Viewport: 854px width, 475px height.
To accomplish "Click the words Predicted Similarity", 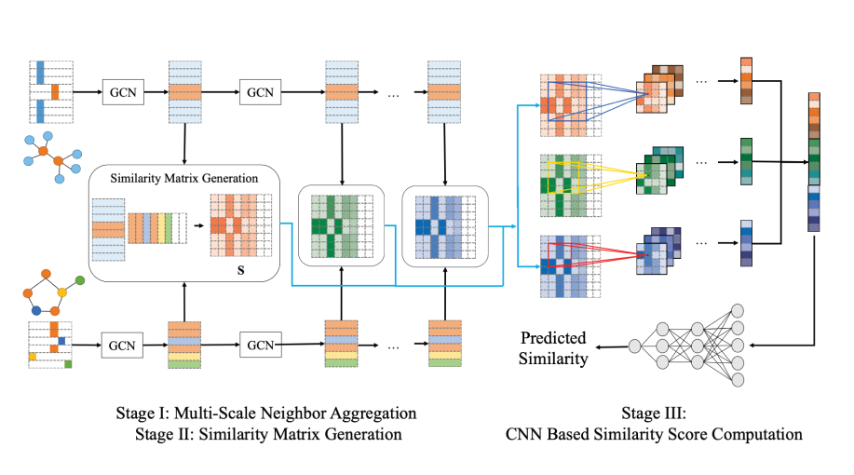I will pyautogui.click(x=554, y=346).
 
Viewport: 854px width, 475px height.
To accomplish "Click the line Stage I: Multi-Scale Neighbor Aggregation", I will pyautogui.click(x=275, y=412).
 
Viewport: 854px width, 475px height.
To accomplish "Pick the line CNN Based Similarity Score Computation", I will pyautogui.click(x=654, y=433).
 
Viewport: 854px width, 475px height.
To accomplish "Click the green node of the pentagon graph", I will pyautogui.click(x=80, y=278).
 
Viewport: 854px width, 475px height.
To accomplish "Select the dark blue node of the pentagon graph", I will pyautogui.click(x=36, y=309).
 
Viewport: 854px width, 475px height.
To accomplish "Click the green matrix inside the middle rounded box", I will pyautogui.click(x=341, y=224).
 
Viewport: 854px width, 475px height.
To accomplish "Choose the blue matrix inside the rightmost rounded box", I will pyautogui.click(x=444, y=224).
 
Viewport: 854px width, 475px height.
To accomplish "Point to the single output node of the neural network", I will pyautogui.click(x=634, y=346).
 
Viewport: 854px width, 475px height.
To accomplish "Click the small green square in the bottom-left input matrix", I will pyautogui.click(x=68, y=363).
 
